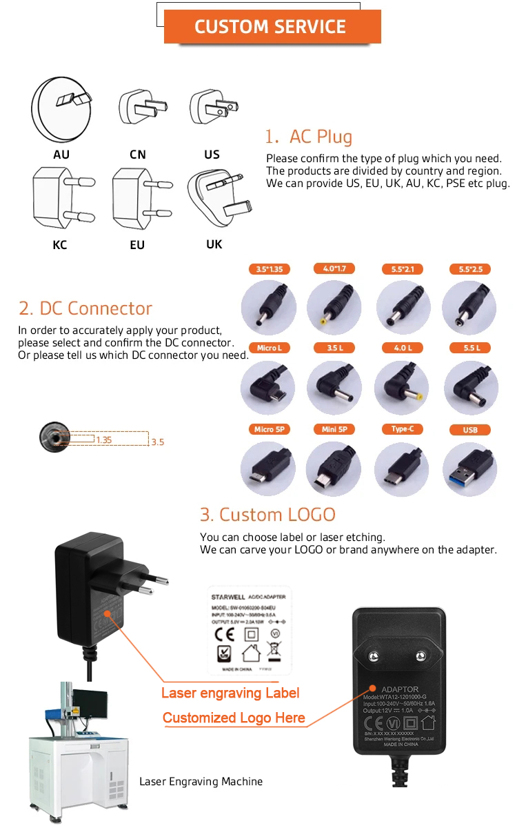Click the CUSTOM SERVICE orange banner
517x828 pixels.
[270, 27]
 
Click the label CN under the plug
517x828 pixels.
[138, 155]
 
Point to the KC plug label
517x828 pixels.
[60, 245]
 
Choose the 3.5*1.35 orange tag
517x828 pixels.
[269, 269]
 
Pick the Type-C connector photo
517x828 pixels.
[402, 469]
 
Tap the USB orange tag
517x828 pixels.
[470, 430]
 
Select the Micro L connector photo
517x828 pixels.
[268, 388]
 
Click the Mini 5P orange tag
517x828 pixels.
[334, 429]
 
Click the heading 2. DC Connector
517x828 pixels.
[85, 308]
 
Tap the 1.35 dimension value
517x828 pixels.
[104, 440]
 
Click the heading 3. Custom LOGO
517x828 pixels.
[267, 514]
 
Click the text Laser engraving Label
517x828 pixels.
[230, 693]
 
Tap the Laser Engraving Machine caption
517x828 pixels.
[201, 782]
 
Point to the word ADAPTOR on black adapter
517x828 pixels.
[400, 689]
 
